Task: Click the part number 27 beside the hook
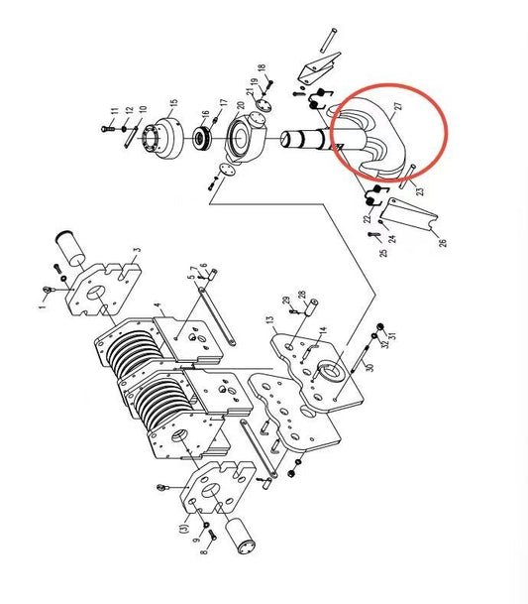[398, 106]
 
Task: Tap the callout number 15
[173, 104]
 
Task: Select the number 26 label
[443, 243]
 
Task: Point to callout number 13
[269, 320]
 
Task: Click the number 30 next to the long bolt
[370, 368]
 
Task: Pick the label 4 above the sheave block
[158, 305]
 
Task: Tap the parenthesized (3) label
[184, 528]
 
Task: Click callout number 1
[44, 307]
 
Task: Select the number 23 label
[420, 191]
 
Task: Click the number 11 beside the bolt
[115, 111]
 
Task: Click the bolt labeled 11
[107, 129]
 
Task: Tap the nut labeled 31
[380, 326]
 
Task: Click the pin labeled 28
[311, 307]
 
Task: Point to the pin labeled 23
[407, 177]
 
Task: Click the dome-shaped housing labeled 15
[164, 138]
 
